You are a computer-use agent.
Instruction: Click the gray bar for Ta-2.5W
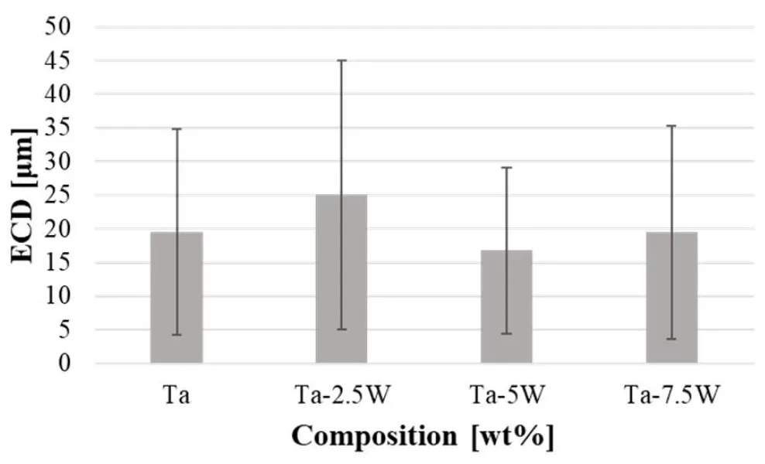[x=341, y=279]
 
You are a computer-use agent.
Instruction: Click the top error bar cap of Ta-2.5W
[x=341, y=60]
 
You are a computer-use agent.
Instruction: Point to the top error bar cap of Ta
[x=177, y=128]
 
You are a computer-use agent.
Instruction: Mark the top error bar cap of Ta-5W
[x=506, y=167]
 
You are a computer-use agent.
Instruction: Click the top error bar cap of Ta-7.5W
[x=671, y=126]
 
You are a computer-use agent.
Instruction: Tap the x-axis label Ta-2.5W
[x=341, y=397]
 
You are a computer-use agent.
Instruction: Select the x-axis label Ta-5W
[x=506, y=397]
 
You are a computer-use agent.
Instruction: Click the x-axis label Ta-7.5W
[x=671, y=397]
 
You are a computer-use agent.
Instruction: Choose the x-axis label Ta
[x=177, y=397]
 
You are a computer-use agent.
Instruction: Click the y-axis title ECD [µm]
[x=25, y=196]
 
